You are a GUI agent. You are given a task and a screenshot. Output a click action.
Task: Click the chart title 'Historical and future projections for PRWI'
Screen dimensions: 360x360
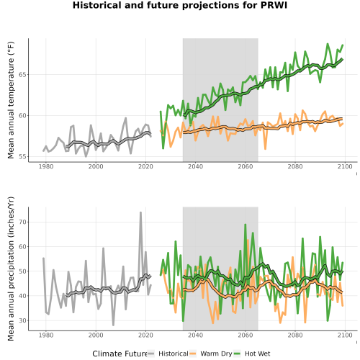coord(180,5)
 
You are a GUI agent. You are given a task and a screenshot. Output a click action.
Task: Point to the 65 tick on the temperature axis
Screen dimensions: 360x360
coord(22,75)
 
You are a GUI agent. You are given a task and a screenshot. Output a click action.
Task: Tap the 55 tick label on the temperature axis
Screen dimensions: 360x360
coord(22,156)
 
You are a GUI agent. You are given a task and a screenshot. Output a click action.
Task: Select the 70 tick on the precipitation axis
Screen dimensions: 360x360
coord(22,222)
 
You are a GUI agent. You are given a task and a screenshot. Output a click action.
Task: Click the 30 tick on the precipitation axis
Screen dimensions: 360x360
coord(22,320)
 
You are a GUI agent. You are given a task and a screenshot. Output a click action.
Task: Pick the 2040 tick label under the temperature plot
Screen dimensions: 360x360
coord(195,166)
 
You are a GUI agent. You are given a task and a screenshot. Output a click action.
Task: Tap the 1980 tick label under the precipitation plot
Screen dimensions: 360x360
coord(46,335)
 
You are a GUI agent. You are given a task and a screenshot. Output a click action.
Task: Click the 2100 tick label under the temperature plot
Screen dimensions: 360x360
coord(345,166)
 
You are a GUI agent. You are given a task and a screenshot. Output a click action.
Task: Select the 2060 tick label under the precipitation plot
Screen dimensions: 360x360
coord(246,335)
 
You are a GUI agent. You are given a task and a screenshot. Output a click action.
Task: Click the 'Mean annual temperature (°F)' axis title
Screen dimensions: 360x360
coord(11,100)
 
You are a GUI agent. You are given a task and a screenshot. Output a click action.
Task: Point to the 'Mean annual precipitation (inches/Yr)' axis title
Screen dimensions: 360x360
coord(11,269)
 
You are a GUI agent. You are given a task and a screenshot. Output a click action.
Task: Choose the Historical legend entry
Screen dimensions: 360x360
coord(168,354)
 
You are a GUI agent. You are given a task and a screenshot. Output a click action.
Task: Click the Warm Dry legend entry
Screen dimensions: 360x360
coord(211,354)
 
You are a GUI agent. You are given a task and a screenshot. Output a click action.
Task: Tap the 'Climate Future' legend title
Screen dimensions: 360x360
coord(120,354)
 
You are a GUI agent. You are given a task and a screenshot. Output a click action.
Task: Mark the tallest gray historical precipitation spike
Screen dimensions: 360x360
coord(140,212)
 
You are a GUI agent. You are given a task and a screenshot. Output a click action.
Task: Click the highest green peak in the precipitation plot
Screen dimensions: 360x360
coord(246,225)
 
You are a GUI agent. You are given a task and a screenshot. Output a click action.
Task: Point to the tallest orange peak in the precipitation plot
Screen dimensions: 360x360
coord(248,240)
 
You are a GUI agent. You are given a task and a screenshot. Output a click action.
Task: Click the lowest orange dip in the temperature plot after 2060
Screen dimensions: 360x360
coord(265,149)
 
